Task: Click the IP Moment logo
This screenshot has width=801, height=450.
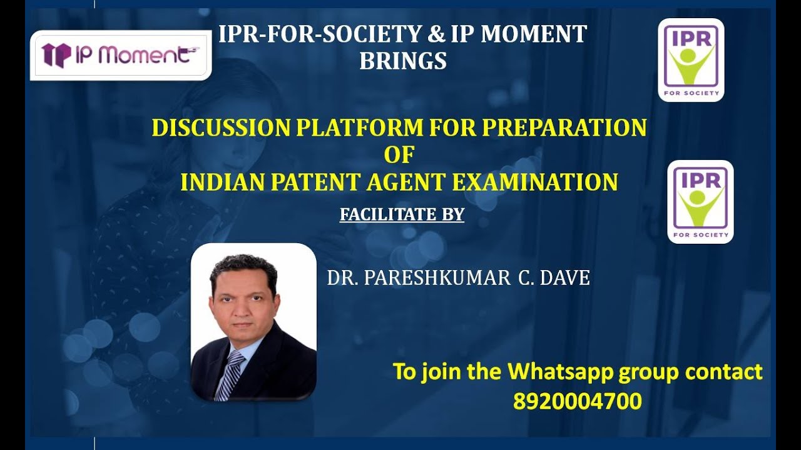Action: pyautogui.click(x=120, y=55)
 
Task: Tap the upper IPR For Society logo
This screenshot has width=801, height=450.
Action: pyautogui.click(x=691, y=60)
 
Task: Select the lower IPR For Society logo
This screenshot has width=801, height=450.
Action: pyautogui.click(x=700, y=201)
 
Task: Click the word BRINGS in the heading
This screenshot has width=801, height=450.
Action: pyautogui.click(x=403, y=61)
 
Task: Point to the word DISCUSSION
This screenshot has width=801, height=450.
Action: pyautogui.click(x=221, y=128)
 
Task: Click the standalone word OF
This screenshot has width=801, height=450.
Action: pyautogui.click(x=399, y=154)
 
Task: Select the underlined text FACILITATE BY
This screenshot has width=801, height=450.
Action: pyautogui.click(x=402, y=215)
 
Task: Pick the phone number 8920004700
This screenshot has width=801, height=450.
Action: pyautogui.click(x=577, y=401)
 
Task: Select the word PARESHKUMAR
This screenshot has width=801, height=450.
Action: pyautogui.click(x=437, y=278)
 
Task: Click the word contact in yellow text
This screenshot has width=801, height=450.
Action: pyautogui.click(x=724, y=372)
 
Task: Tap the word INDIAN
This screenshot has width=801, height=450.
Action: pyautogui.click(x=220, y=182)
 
